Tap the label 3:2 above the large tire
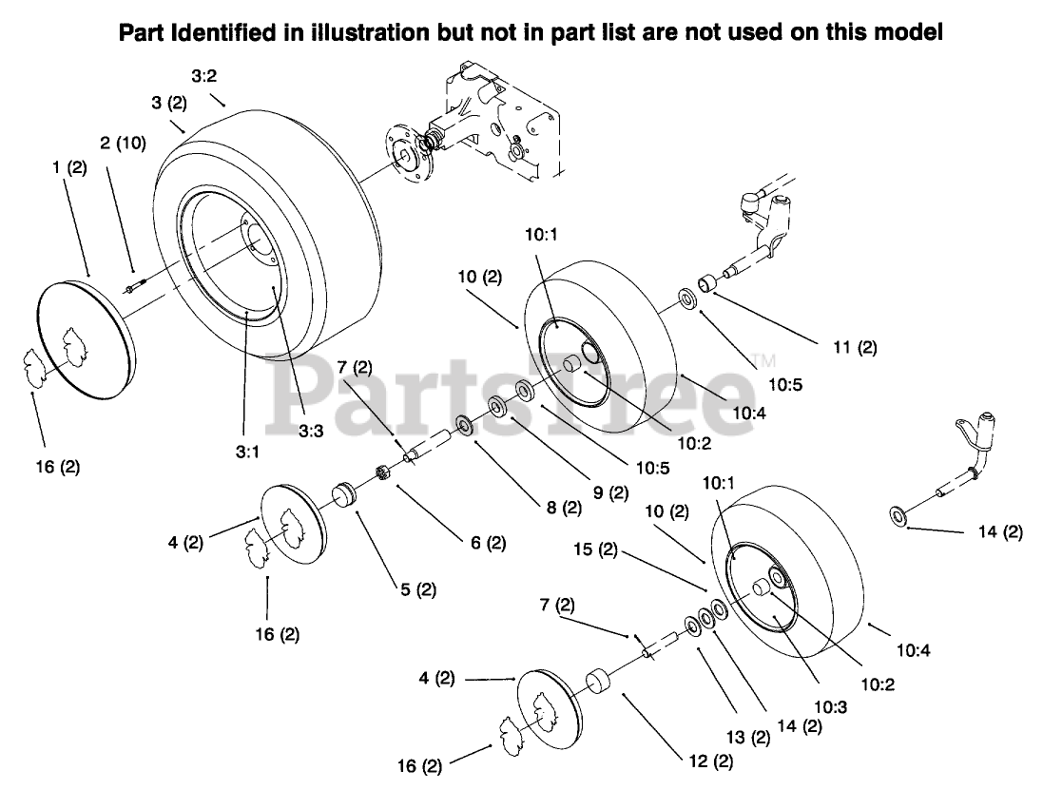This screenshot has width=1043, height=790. (203, 75)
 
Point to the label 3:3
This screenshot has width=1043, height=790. (311, 431)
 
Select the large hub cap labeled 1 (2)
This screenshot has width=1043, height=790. (81, 337)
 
